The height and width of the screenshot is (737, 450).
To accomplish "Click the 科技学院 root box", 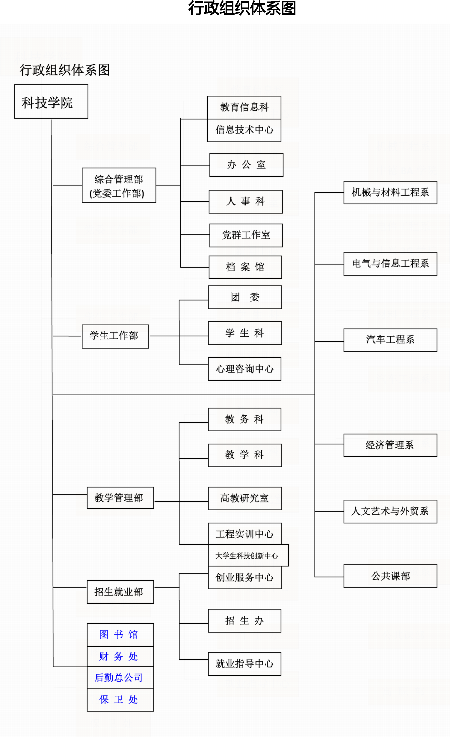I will pos(51,102).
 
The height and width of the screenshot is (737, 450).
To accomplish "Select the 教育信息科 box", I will pos(244,107).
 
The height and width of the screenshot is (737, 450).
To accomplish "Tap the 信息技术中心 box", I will pos(244,130).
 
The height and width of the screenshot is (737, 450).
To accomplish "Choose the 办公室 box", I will pos(246,165).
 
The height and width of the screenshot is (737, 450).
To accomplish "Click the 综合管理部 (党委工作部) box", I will pos(119,185).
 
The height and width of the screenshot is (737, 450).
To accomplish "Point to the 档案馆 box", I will pos(245,267).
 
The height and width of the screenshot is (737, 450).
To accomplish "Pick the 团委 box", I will pos(245,297).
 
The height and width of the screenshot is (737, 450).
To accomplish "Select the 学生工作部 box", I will pos(115,336).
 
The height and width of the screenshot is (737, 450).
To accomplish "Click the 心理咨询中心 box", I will pos(244,369).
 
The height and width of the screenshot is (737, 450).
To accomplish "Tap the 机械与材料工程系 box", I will pos(390,192).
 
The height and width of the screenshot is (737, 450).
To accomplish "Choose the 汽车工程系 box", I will pos(390,340).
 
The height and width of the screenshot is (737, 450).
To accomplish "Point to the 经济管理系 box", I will pos(390,445).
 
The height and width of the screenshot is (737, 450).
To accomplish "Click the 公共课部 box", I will pos(390,576).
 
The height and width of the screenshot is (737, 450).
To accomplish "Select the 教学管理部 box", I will pos(120,498).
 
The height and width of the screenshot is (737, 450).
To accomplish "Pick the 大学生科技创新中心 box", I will pos(248,556).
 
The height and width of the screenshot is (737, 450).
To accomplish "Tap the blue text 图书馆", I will pos(119,635).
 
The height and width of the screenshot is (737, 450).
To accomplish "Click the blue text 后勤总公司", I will pos(119,678).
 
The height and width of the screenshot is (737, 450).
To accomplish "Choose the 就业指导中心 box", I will pos(244,664).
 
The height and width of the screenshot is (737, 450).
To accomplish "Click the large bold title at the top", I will pos(242,8).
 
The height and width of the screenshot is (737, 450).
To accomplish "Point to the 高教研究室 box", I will pos(245,498).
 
